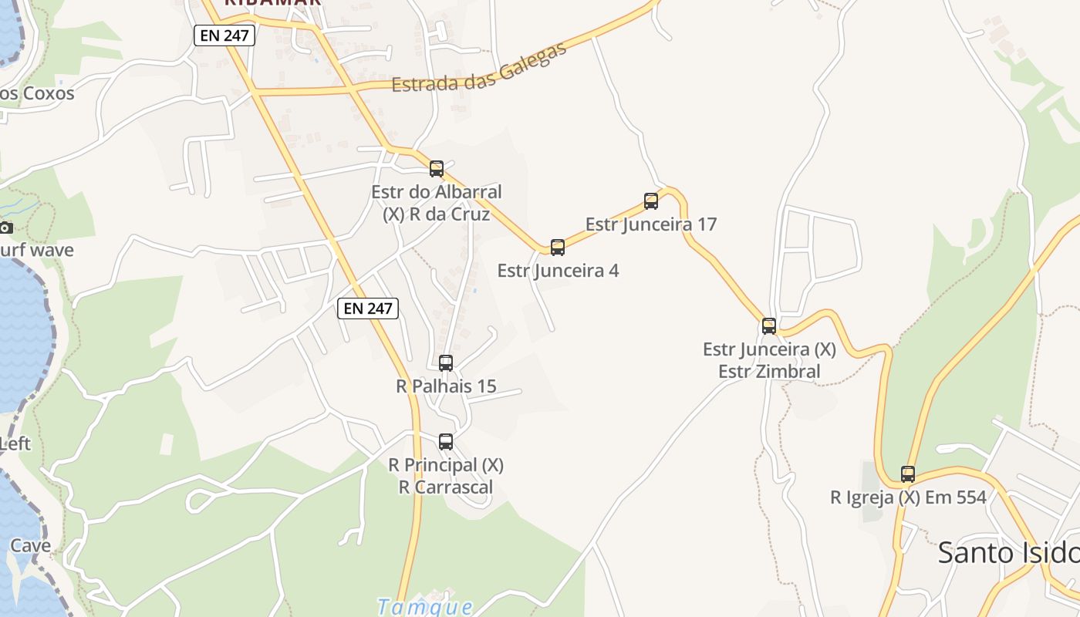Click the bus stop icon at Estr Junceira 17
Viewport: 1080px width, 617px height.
pyautogui.click(x=651, y=201)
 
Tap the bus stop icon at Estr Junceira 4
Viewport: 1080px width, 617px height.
pyautogui.click(x=558, y=248)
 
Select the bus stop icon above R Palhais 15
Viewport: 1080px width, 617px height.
pyautogui.click(x=446, y=363)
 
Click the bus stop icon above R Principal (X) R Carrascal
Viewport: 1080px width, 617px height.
pyautogui.click(x=446, y=442)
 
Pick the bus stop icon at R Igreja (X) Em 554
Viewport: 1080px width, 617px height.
pyautogui.click(x=908, y=474)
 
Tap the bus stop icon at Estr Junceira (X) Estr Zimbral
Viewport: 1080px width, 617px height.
pyautogui.click(x=769, y=326)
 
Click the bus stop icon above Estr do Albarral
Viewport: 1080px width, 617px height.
pyautogui.click(x=437, y=169)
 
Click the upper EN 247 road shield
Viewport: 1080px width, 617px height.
pyautogui.click(x=224, y=35)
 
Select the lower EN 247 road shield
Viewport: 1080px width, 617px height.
pyautogui.click(x=368, y=308)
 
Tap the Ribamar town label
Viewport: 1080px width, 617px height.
pyautogui.click(x=272, y=3)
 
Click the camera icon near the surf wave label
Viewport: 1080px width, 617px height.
pyautogui.click(x=6, y=228)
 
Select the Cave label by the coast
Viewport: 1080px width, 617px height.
pyautogui.click(x=31, y=546)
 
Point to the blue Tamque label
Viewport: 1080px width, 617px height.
pyautogui.click(x=425, y=606)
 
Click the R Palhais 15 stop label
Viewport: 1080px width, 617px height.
pyautogui.click(x=446, y=386)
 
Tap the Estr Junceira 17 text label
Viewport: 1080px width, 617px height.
pyautogui.click(x=651, y=224)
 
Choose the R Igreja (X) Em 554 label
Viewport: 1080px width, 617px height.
pyautogui.click(x=908, y=497)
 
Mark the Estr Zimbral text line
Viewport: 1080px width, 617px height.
pyautogui.click(x=769, y=371)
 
